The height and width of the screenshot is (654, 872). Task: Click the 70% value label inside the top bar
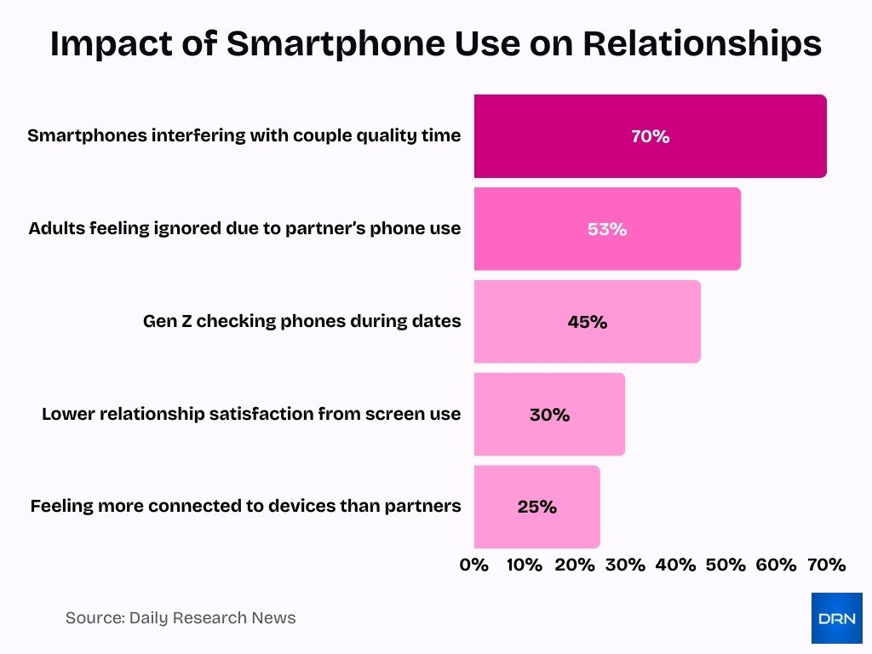pos(650,136)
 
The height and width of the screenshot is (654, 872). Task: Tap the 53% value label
pos(606,229)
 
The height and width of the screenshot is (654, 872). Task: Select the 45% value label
pos(587,322)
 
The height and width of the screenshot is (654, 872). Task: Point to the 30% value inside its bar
pos(549,415)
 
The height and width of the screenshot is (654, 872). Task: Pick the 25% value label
pos(536,507)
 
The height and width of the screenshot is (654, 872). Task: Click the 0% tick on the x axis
pos(474,565)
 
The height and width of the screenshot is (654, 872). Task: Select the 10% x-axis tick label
pos(524,565)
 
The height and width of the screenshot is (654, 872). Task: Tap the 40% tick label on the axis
pos(675,565)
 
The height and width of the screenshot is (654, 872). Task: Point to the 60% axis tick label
pos(776,565)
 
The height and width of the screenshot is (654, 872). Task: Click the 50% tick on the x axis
pos(726,565)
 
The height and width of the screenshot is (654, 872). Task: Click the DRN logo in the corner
pos(836,617)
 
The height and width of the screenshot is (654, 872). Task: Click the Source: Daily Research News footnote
pos(181,618)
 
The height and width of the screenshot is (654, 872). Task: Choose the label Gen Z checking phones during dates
pos(301,322)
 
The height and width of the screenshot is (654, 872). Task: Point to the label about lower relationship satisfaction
pos(251,415)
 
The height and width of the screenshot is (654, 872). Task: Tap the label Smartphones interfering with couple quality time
pos(244,136)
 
